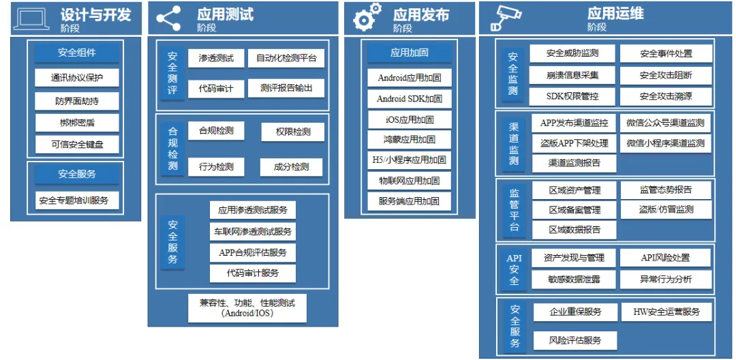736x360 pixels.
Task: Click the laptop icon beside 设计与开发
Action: point(31,18)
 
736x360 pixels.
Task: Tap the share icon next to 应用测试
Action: point(168,18)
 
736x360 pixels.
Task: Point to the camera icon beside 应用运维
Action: point(506,19)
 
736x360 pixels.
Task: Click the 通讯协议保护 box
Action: point(76,78)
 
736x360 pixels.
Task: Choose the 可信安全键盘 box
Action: point(76,145)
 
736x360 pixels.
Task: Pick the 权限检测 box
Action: point(292,132)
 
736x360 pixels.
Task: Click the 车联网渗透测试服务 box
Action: point(252,232)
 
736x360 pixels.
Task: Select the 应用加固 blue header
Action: point(409,52)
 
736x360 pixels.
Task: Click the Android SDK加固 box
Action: point(409,99)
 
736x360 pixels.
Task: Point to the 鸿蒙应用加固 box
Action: point(409,140)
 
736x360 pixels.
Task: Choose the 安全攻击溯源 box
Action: point(665,95)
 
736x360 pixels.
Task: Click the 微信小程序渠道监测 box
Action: point(665,144)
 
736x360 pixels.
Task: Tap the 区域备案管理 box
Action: point(574,210)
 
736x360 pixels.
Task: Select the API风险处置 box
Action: point(665,258)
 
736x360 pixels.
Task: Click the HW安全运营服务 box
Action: point(666,312)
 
